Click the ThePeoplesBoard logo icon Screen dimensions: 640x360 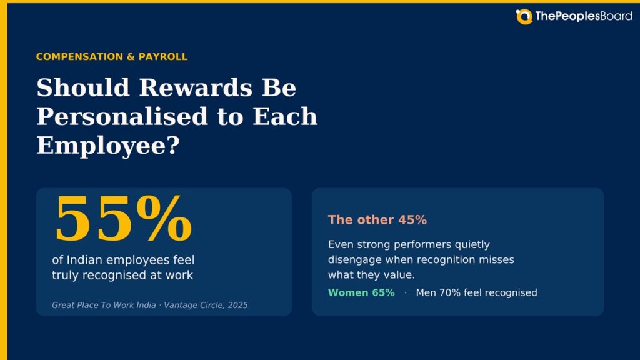pyautogui.click(x=524, y=17)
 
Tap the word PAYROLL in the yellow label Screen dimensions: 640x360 pyautogui.click(x=163, y=57)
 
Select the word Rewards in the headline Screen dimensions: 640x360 pyautogui.click(x=196, y=87)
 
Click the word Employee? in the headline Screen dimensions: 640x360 pyautogui.click(x=108, y=145)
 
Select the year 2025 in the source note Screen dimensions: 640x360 pyautogui.click(x=238, y=305)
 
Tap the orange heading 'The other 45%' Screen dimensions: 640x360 pyautogui.click(x=377, y=220)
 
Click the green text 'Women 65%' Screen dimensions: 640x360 pyautogui.click(x=361, y=292)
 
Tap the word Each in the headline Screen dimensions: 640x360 pyautogui.click(x=285, y=116)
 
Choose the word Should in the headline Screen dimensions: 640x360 pyautogui.click(x=83, y=87)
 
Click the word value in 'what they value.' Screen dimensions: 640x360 pyautogui.click(x=399, y=275)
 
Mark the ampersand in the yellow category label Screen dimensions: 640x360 pyautogui.click(x=131, y=57)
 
